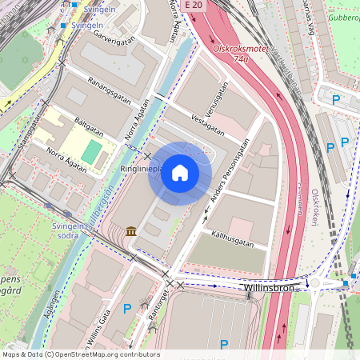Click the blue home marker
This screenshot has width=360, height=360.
click(180, 173)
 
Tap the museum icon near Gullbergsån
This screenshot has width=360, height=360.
click(130, 231)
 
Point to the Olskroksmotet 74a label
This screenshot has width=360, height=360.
click(239, 54)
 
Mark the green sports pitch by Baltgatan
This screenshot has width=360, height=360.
click(92, 151)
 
